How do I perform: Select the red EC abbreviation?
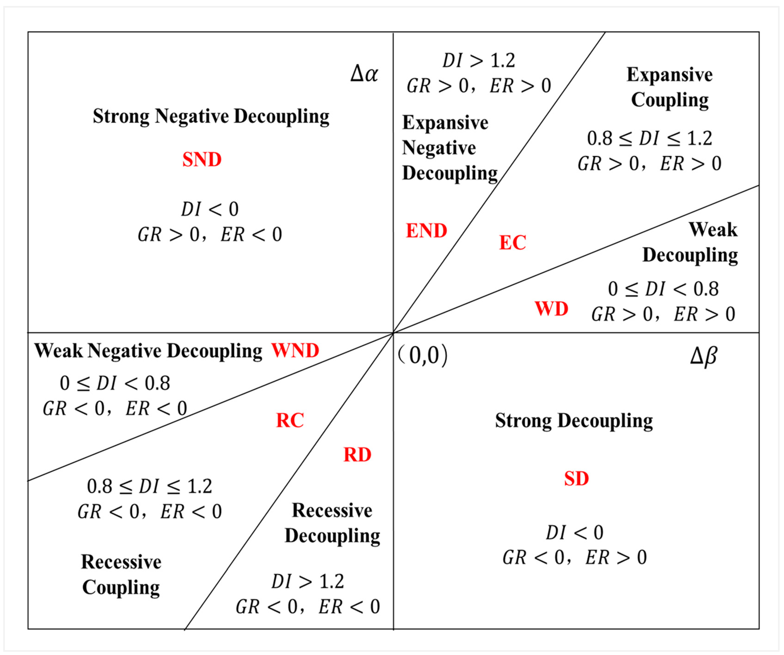click(513, 242)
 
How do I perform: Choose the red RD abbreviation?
click(357, 455)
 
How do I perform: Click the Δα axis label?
click(364, 74)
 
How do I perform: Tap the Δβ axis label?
click(703, 356)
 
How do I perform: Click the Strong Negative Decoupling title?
click(211, 116)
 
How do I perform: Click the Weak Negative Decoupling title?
click(148, 351)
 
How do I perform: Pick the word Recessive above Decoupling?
click(332, 510)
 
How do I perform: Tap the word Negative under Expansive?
click(439, 148)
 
